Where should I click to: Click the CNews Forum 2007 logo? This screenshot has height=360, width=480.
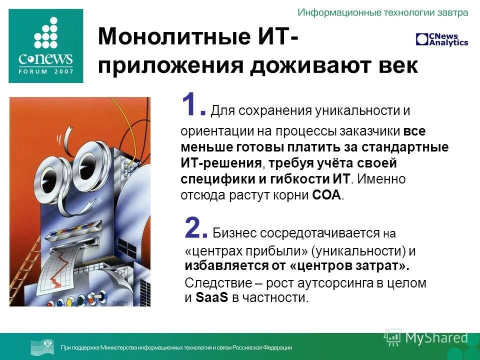(x=45, y=45)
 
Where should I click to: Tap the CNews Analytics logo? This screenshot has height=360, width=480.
(x=441, y=39)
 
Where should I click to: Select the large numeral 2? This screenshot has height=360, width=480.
(x=196, y=228)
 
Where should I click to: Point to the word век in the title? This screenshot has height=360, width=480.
(x=397, y=65)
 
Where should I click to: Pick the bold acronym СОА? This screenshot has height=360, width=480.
(x=327, y=195)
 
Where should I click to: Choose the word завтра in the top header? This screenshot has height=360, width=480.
(x=451, y=12)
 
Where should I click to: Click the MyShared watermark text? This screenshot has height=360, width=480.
(x=436, y=338)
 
